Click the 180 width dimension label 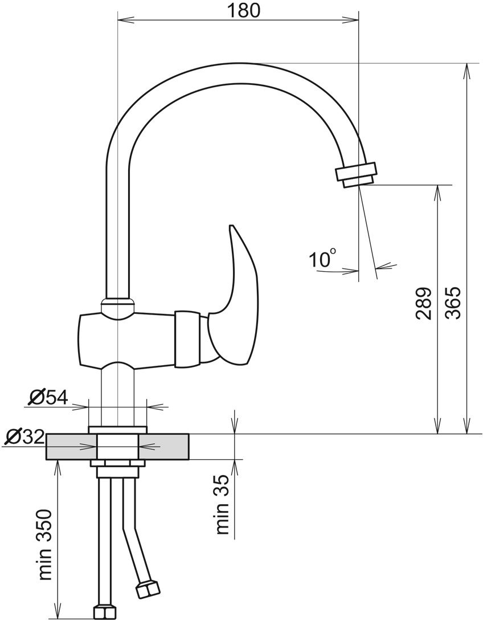coord(243,10)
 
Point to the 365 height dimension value coord(453,303)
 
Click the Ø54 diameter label coord(48,398)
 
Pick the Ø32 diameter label coord(24,437)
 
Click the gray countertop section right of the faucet coord(163,447)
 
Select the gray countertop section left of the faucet coord(72,447)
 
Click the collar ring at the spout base coord(117,303)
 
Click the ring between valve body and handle coord(186,338)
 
